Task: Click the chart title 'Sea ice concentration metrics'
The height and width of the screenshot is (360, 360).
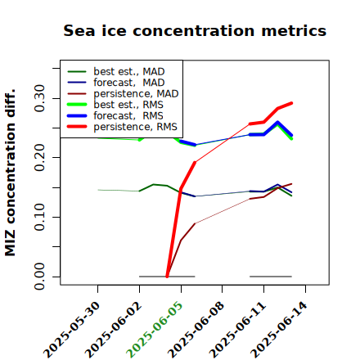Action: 195,30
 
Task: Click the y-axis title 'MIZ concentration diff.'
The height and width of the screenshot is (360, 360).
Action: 10,173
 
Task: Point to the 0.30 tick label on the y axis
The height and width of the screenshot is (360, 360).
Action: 39,98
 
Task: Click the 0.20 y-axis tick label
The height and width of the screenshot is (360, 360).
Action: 39,157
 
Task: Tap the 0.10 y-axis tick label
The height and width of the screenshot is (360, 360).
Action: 39,217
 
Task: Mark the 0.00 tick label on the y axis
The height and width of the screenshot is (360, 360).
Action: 39,277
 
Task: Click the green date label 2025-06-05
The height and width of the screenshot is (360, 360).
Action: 155,330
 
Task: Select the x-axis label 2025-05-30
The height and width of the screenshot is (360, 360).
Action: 71,330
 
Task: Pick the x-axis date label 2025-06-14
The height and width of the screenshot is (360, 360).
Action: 279,330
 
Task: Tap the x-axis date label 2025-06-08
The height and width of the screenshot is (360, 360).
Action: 196,330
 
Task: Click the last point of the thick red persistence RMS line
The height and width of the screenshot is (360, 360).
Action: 291,103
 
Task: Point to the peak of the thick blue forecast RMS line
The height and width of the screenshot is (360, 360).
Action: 277,122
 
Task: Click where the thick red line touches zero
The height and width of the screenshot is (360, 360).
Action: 167,277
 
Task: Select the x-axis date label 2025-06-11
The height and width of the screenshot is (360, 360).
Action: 237,330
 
